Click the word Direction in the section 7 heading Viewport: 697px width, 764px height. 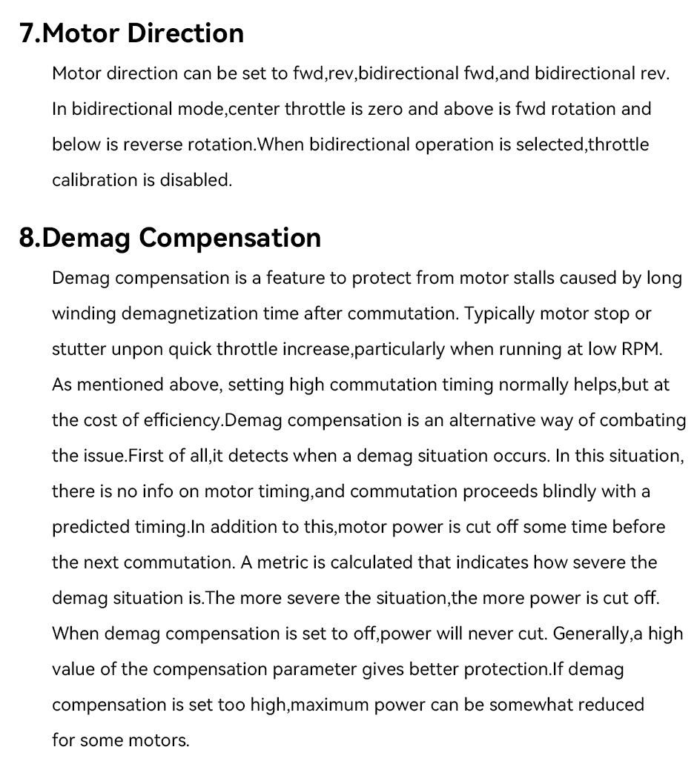coord(185,33)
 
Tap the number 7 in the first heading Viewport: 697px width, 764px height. coord(27,33)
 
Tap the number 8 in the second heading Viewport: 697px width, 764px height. coord(27,238)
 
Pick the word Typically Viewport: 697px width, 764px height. coord(499,313)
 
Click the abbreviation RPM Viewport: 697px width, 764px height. coord(640,349)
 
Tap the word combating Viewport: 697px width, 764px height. coord(643,420)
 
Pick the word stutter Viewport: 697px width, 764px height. coord(79,349)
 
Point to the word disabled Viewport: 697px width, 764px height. coord(196,180)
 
